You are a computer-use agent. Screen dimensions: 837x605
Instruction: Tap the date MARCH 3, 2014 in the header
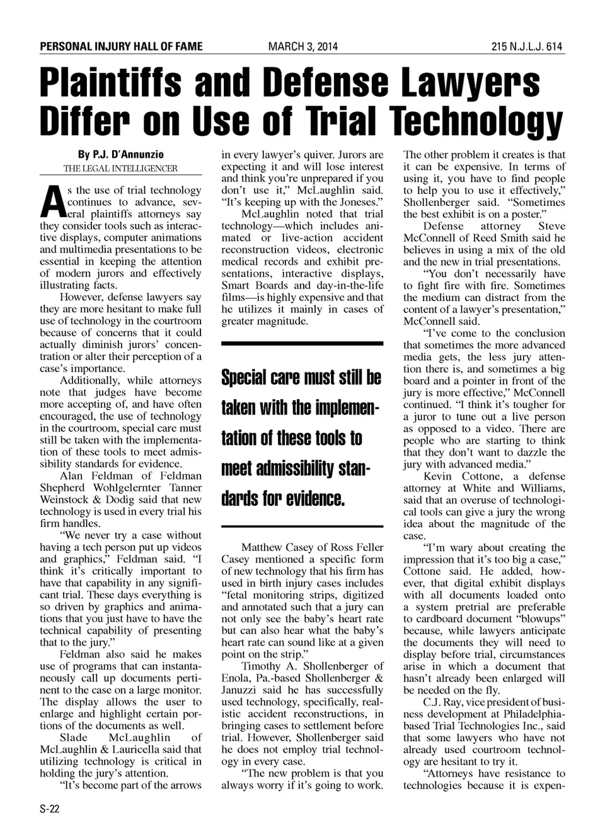point(302,47)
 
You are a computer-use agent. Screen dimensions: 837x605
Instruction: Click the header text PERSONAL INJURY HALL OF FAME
point(121,47)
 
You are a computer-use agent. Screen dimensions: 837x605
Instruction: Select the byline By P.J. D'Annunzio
point(121,154)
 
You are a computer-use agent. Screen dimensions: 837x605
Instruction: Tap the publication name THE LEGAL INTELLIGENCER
point(120,168)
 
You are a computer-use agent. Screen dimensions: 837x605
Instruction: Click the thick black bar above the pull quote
point(302,343)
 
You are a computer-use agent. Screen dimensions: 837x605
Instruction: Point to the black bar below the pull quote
point(302,526)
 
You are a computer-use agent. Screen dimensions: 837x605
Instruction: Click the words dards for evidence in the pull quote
point(283,499)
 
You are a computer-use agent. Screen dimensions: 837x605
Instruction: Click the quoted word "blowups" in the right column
point(538,619)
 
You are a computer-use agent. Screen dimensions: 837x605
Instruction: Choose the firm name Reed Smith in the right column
point(517,238)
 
